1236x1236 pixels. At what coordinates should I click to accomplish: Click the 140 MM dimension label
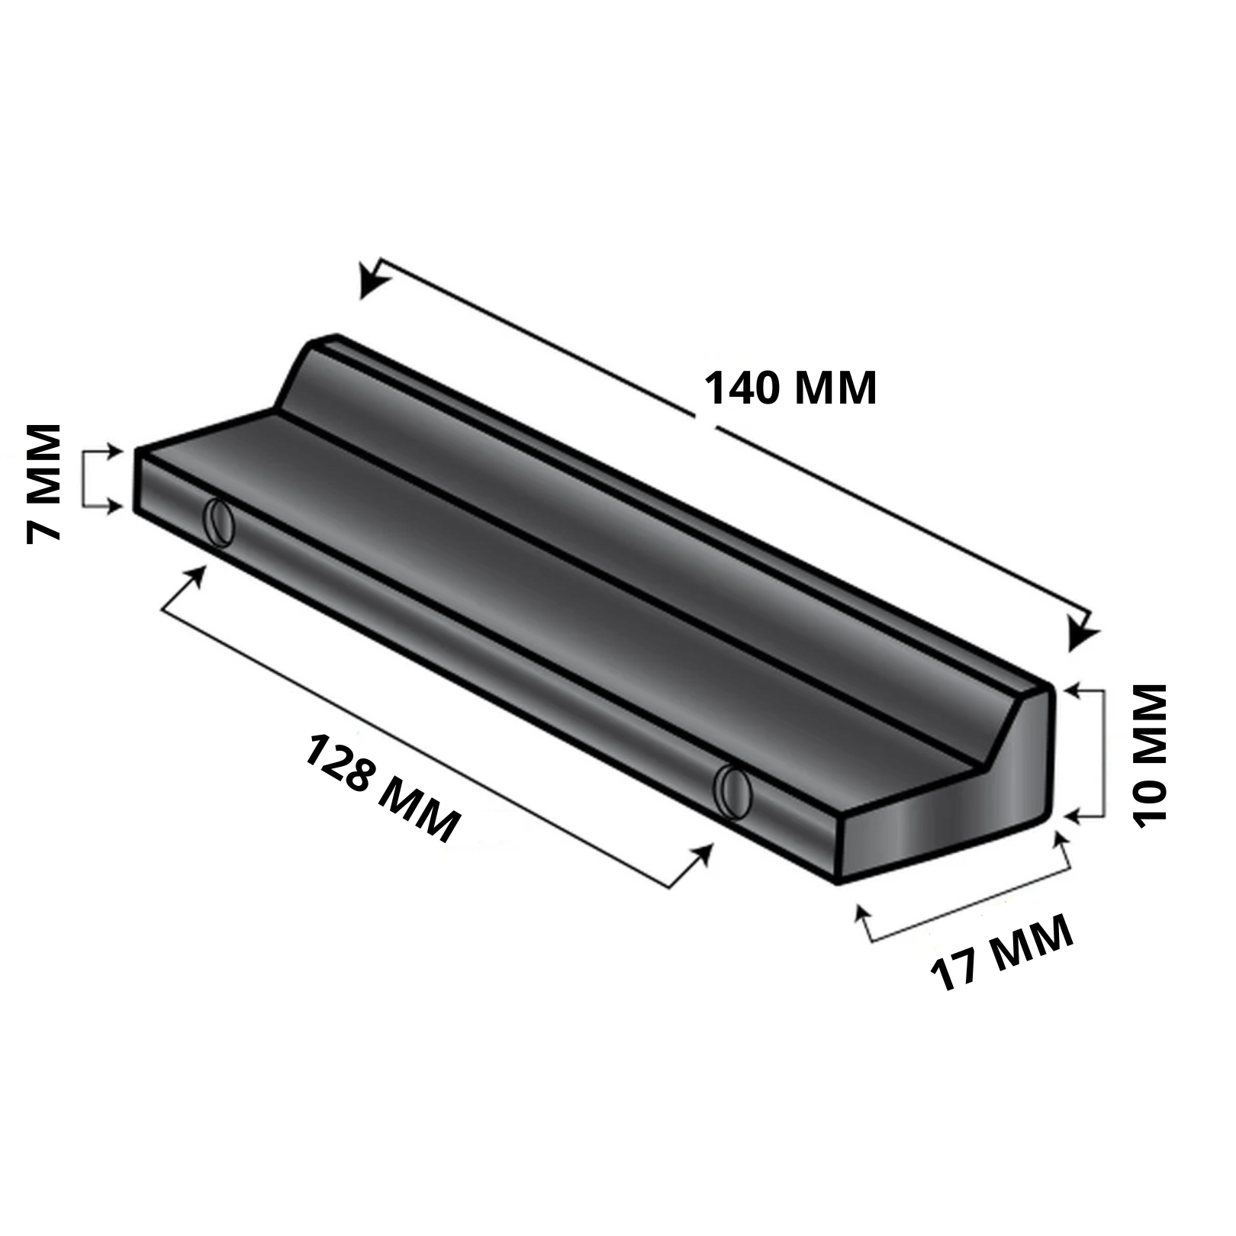click(x=790, y=388)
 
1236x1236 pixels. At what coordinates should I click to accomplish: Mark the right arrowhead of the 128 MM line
click(x=704, y=854)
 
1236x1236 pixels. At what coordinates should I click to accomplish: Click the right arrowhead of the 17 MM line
click(x=1060, y=842)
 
